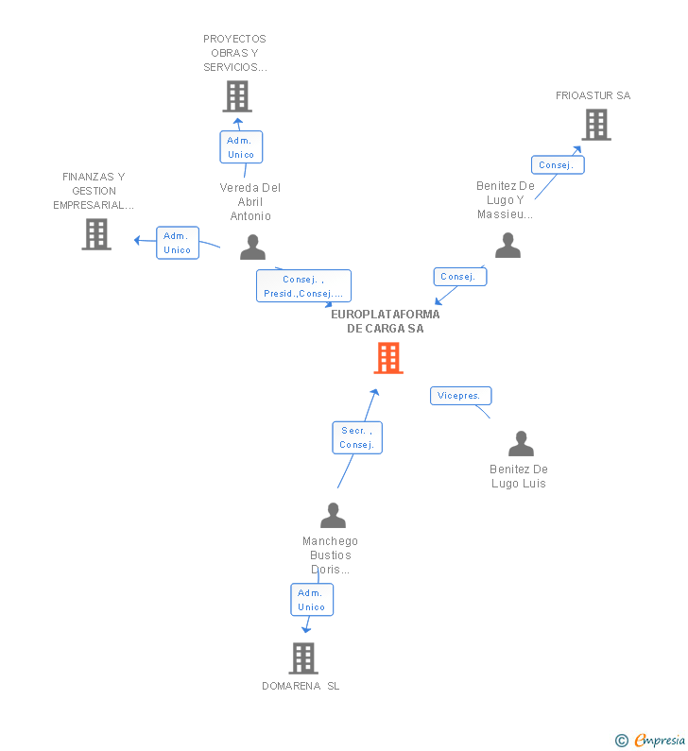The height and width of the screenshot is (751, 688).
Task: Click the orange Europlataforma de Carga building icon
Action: [388, 358]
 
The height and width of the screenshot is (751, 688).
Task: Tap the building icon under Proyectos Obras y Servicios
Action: [237, 96]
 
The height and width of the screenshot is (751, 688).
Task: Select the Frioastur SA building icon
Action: [596, 125]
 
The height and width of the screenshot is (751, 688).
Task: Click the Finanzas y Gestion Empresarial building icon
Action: [96, 234]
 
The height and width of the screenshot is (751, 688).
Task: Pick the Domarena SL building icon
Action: [303, 658]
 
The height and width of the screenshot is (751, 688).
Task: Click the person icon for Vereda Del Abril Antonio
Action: [252, 247]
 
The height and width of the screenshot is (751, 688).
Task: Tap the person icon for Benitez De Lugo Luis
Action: [521, 443]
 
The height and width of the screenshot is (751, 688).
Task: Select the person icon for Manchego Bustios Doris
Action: [333, 516]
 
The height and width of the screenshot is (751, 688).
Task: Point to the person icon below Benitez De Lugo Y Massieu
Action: [507, 246]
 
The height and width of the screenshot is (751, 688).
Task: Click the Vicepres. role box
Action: [461, 396]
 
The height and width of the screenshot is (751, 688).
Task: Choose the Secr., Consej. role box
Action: [357, 437]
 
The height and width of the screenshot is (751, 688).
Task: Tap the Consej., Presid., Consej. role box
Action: [303, 286]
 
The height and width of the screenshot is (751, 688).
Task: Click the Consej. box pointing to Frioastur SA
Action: [558, 165]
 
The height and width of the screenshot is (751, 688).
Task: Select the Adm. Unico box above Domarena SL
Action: [312, 600]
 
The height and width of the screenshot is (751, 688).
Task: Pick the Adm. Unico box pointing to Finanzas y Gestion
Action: [178, 243]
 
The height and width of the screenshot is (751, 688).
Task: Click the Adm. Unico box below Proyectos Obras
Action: [242, 147]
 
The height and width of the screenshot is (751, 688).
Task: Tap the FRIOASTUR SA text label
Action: [593, 95]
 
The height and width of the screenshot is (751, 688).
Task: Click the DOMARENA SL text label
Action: [301, 686]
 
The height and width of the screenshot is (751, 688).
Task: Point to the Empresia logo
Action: [660, 741]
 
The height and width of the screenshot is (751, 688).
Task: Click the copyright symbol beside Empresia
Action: [622, 741]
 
